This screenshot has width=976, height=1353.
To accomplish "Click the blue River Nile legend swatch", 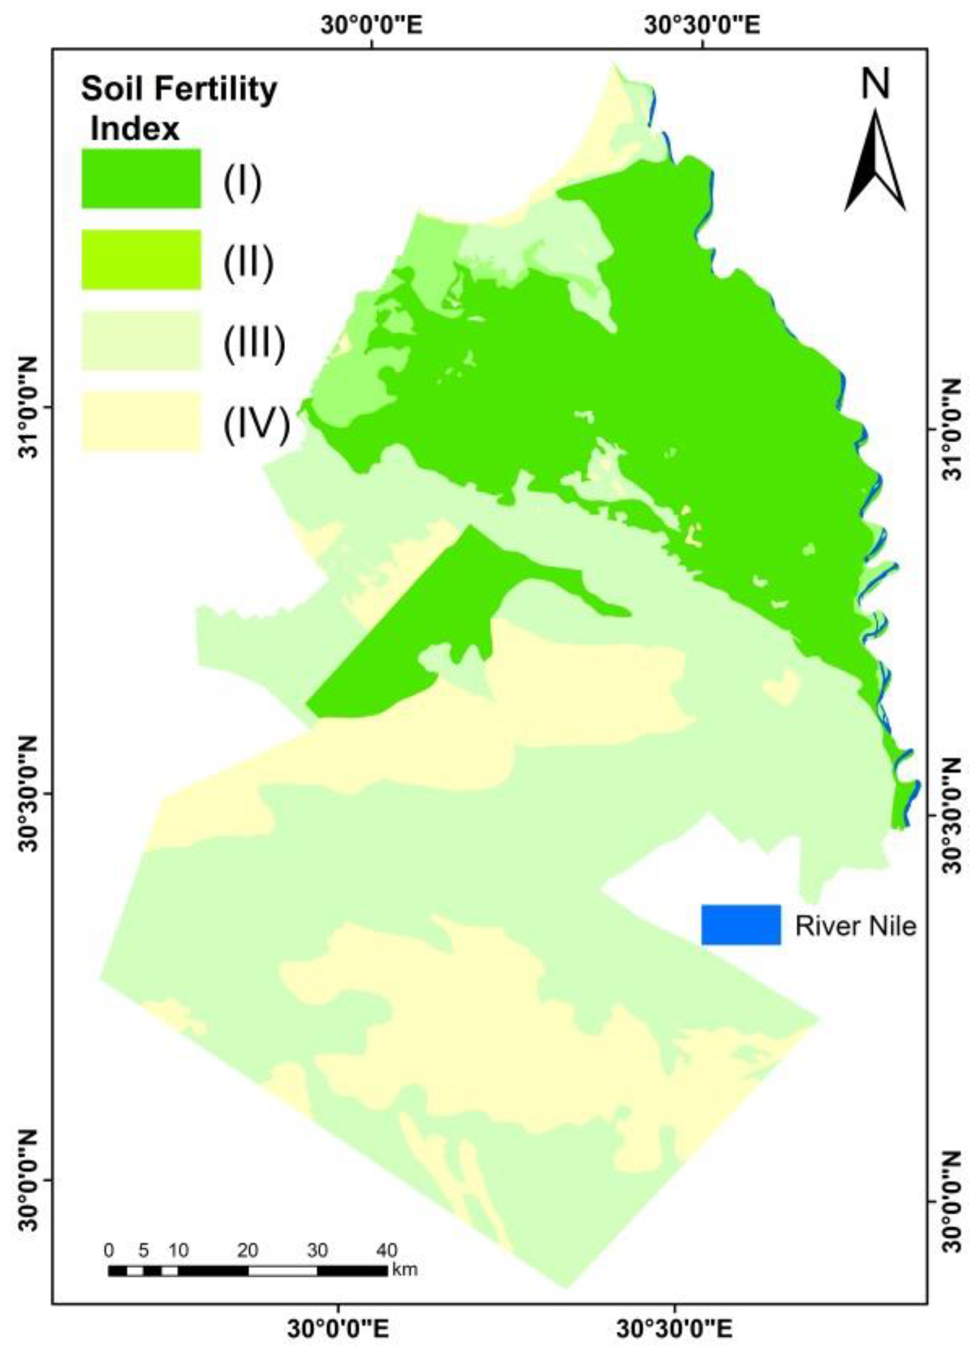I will [741, 924].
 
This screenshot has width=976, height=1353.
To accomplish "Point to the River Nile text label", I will [855, 926].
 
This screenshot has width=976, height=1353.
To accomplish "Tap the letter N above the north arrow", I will [875, 84].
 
